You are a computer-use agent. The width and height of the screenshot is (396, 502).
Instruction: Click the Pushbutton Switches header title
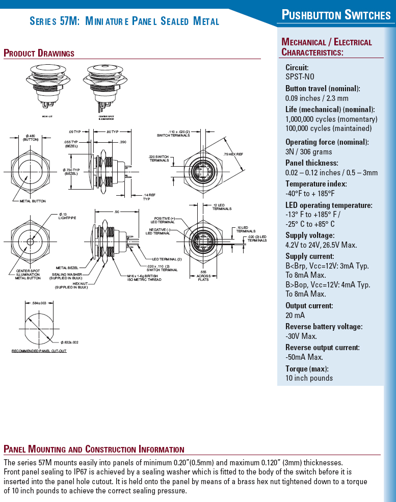pyautogui.click(x=336, y=15)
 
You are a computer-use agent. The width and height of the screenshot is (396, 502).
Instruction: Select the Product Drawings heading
pyautogui.click(x=39, y=53)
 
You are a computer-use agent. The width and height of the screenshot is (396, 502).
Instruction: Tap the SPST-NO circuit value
pyautogui.click(x=300, y=76)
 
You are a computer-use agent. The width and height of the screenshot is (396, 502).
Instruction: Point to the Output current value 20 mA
pyautogui.click(x=295, y=315)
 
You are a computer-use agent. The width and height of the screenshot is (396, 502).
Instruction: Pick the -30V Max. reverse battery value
pyautogui.click(x=301, y=336)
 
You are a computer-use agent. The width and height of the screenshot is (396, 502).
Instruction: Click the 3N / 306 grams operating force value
pyautogui.click(x=308, y=151)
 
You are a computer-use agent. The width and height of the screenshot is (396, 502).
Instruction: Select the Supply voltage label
pyautogui.click(x=309, y=235)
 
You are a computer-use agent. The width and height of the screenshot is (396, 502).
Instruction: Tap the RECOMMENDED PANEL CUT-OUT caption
pyautogui.click(x=39, y=351)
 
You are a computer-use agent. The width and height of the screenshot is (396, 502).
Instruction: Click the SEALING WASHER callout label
pyautogui.click(x=68, y=275)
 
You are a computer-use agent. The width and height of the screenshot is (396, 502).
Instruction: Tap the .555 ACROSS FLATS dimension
pyautogui.click(x=203, y=276)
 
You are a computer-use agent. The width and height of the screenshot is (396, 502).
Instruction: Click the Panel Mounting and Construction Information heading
pyautogui.click(x=94, y=449)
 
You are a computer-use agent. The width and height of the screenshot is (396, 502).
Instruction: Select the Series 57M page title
pyautogui.click(x=124, y=21)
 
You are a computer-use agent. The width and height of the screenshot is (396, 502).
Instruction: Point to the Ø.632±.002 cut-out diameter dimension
pyautogui.click(x=69, y=342)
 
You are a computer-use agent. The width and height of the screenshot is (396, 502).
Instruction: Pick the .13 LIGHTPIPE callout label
pyautogui.click(x=67, y=216)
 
